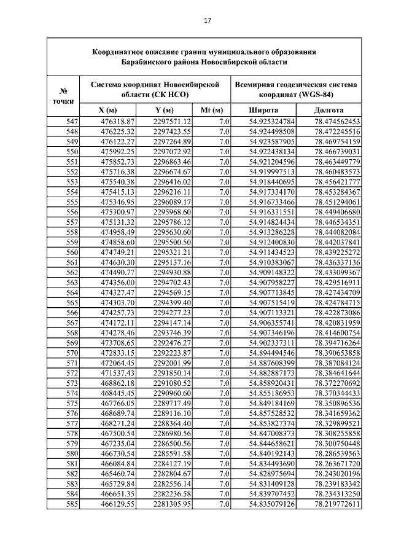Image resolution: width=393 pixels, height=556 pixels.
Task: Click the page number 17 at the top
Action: [207, 21]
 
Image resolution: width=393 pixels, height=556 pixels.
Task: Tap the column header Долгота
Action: [329, 111]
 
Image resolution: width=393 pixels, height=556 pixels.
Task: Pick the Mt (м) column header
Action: [211, 111]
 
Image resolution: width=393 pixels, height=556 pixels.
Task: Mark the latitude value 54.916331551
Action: [271, 211]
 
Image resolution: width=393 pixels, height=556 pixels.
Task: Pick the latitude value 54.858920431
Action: [271, 383]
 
